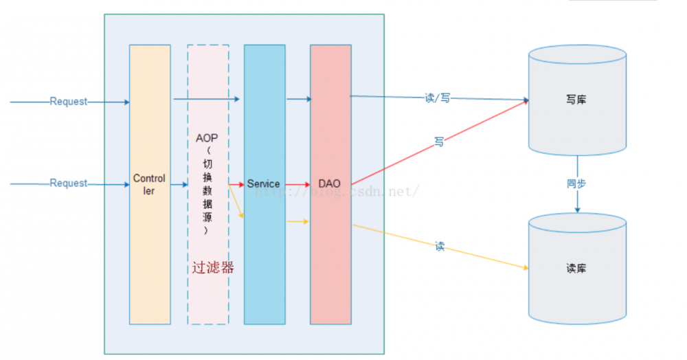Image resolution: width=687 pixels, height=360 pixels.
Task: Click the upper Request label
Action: (x=69, y=102)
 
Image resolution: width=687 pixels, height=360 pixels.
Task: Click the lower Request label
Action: (x=69, y=183)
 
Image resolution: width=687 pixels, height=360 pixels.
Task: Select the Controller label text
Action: (x=149, y=185)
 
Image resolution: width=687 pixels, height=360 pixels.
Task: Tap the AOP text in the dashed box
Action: (x=207, y=138)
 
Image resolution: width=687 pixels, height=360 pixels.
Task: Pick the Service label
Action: (x=264, y=184)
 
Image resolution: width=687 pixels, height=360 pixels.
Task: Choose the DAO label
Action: (x=330, y=184)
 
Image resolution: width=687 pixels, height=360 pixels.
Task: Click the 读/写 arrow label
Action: (x=438, y=98)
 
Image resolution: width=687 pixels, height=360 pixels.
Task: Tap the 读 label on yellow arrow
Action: (x=440, y=246)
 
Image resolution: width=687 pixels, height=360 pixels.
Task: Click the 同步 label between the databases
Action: (x=576, y=184)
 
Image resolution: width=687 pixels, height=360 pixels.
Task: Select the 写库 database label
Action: (x=576, y=100)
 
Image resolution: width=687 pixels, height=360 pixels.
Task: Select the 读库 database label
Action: (x=576, y=269)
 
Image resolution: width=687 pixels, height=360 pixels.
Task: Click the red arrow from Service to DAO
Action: (x=296, y=184)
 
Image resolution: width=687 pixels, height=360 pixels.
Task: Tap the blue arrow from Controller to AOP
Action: (x=179, y=184)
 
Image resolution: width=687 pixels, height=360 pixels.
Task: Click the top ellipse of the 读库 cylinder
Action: (x=576, y=223)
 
